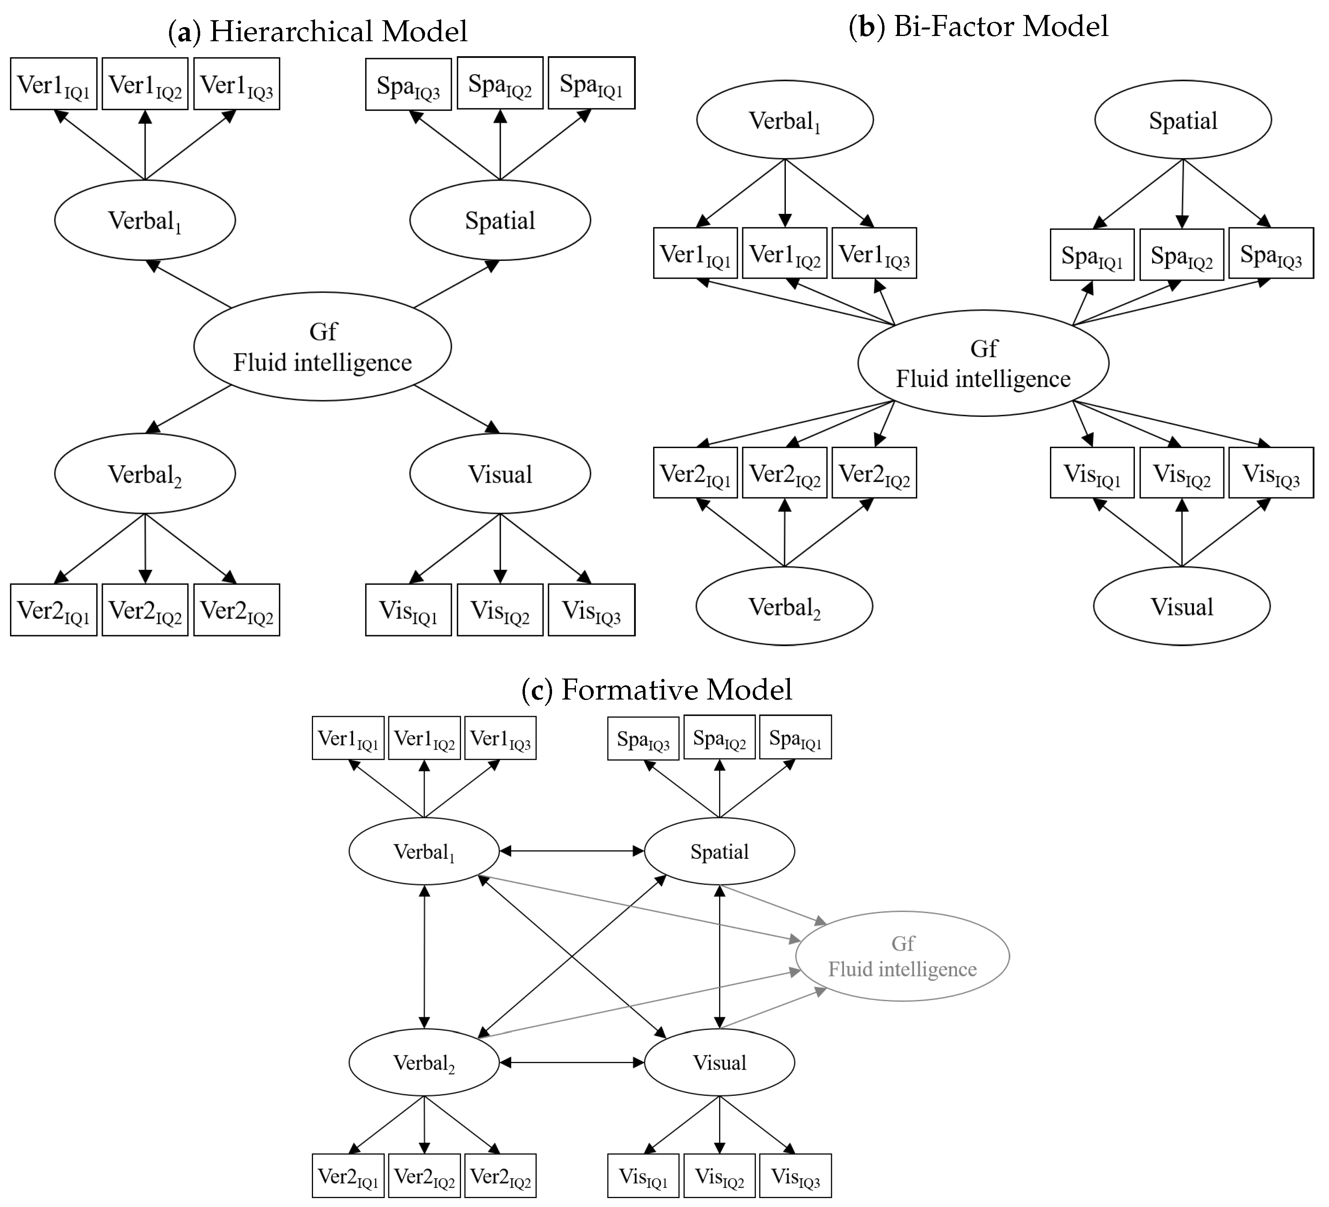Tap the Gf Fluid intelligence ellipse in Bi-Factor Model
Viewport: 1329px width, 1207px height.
(983, 363)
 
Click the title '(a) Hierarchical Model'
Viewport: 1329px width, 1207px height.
(318, 32)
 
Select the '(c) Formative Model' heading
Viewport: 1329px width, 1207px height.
(656, 689)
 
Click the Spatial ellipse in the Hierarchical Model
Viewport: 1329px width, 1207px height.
(500, 220)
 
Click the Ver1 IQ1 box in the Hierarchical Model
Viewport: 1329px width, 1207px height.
(53, 84)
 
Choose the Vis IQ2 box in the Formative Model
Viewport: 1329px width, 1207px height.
(719, 1175)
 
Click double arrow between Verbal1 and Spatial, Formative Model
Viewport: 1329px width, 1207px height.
(571, 851)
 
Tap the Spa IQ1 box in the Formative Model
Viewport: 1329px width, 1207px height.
(795, 738)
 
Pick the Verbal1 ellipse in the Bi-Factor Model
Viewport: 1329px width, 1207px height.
(785, 120)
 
